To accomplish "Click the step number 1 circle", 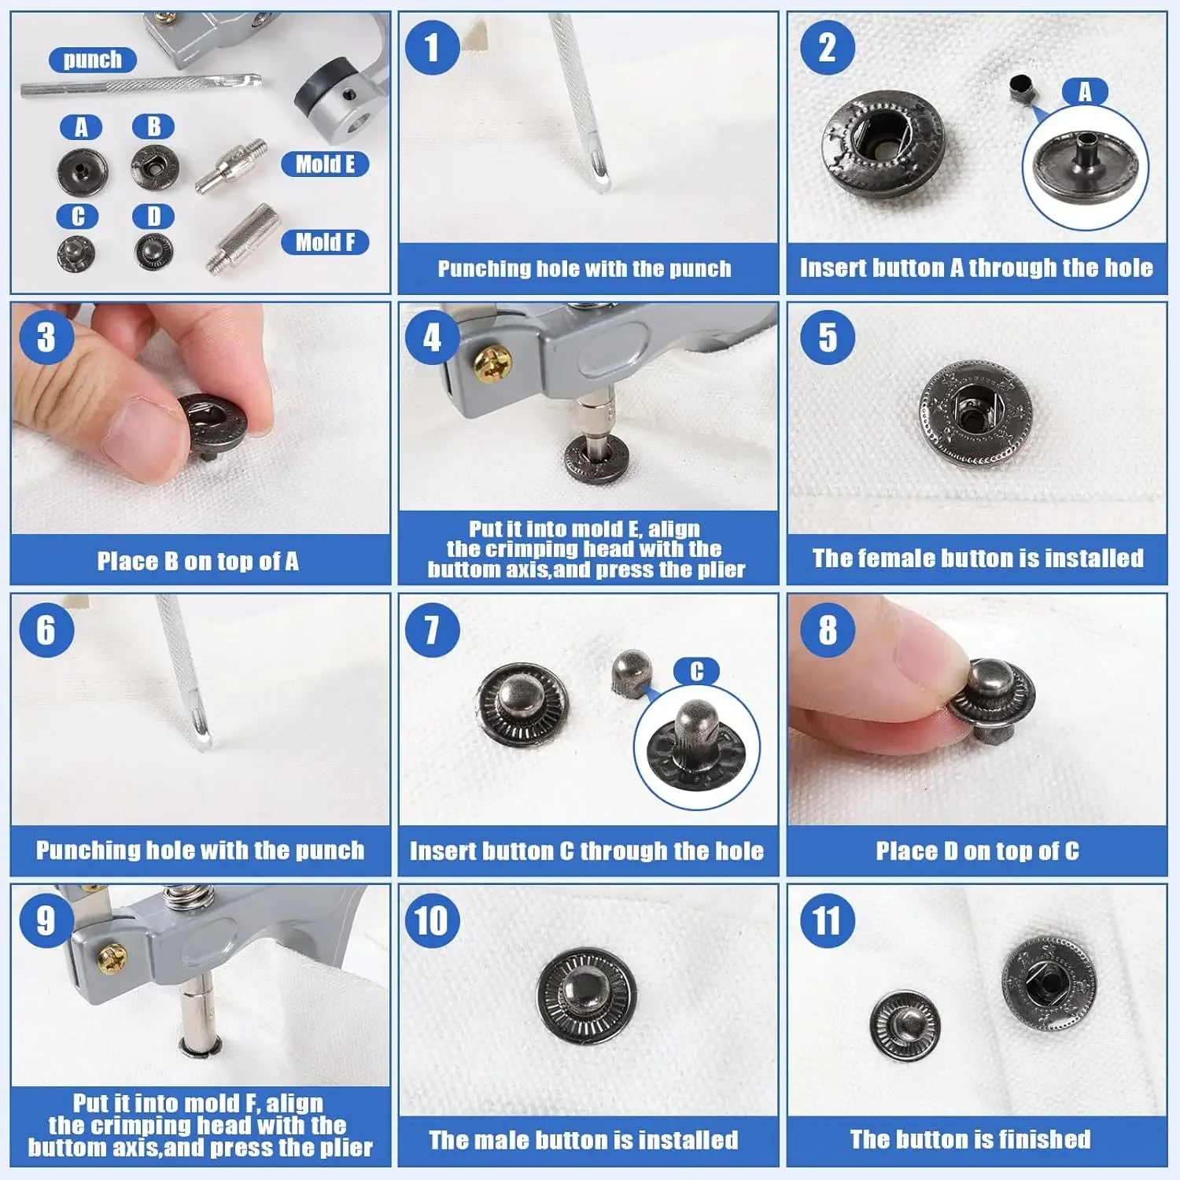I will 432,47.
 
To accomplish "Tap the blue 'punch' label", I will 93,60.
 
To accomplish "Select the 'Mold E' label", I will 325,164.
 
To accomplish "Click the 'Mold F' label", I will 325,242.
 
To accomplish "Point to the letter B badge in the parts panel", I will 153,127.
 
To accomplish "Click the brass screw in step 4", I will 493,364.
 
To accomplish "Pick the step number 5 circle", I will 828,338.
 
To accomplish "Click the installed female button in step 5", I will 975,414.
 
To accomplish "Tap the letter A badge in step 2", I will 1085,92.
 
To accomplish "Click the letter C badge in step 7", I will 696,671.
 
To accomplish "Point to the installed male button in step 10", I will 586,996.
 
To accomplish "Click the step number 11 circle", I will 828,921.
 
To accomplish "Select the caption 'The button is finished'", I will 970,1139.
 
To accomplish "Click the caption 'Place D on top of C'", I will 977,850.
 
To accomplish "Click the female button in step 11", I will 1049,984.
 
